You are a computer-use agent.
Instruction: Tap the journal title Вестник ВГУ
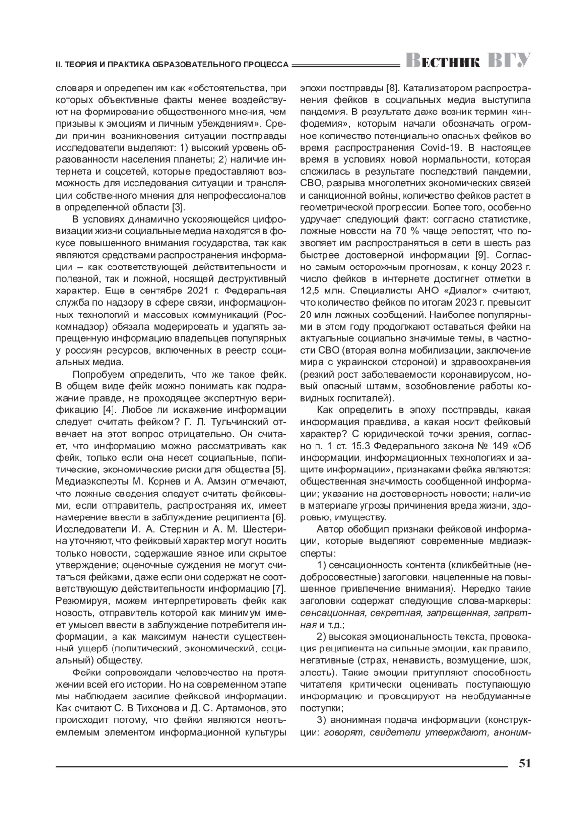(x=468, y=61)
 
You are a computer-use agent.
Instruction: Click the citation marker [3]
(x=177, y=206)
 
